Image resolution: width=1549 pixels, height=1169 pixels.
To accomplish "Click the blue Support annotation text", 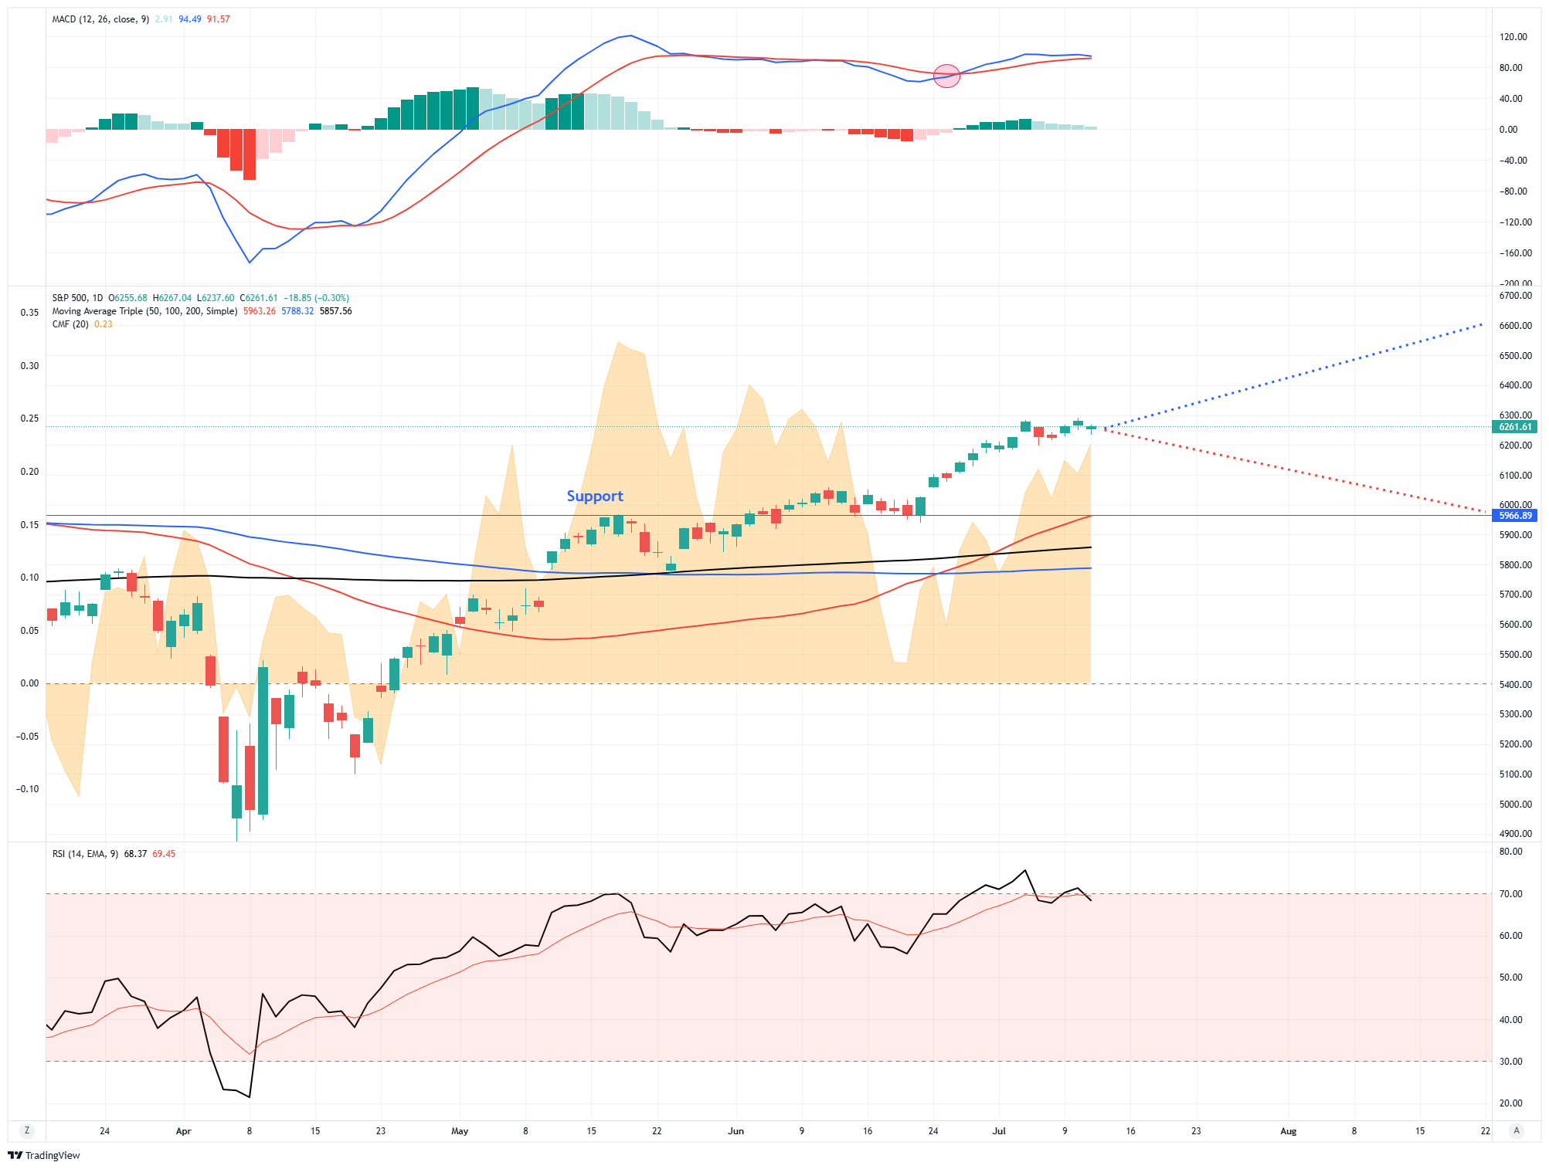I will (x=594, y=496).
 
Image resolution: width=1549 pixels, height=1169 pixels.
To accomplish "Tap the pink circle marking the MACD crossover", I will (x=946, y=76).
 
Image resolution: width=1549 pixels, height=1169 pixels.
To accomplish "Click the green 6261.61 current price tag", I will (x=1514, y=427).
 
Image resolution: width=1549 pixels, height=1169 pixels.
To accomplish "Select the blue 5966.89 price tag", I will (x=1514, y=516).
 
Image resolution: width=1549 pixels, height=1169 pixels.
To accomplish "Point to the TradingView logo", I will (x=44, y=1155).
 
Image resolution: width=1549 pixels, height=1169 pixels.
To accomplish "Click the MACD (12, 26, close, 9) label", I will (x=100, y=19).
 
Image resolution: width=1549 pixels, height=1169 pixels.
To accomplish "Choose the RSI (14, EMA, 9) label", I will (x=85, y=854).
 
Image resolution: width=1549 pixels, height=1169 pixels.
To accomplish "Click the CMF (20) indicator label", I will (x=70, y=324).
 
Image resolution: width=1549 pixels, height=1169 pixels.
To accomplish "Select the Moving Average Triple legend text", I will (x=144, y=311).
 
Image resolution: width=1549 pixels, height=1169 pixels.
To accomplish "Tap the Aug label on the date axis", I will (x=1288, y=1131).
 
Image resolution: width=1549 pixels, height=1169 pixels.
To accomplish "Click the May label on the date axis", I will (x=460, y=1131).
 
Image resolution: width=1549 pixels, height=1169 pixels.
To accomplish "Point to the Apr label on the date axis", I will (x=183, y=1131).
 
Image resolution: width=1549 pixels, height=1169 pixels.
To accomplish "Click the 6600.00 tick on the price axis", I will (x=1515, y=326).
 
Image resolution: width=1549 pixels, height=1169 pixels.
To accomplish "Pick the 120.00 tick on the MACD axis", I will (x=1513, y=37).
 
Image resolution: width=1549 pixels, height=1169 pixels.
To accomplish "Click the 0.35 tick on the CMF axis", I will (x=29, y=313).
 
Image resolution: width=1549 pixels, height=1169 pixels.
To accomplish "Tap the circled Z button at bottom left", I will (x=27, y=1130).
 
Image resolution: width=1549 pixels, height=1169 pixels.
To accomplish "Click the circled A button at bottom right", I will (x=1516, y=1130).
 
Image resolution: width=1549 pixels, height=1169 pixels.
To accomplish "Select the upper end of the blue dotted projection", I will (x=1481, y=325).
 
